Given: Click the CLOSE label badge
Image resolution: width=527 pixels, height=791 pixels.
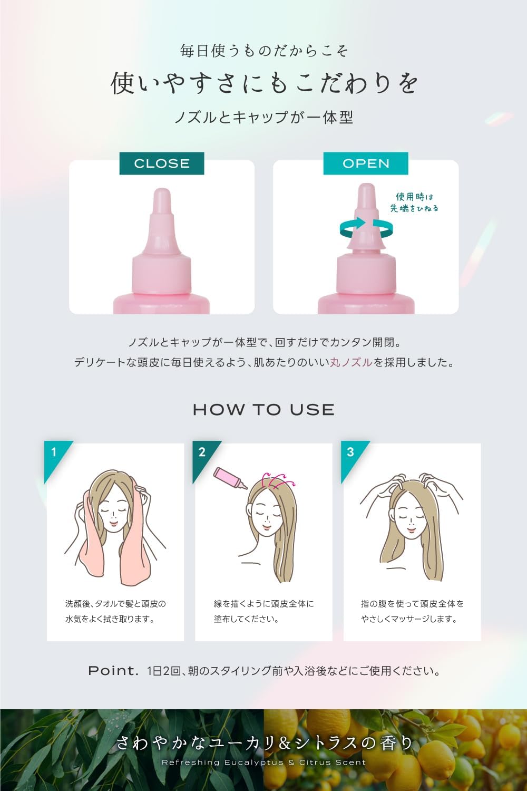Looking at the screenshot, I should coord(162,163).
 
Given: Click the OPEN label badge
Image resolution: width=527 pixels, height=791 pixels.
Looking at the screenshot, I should coord(366,163).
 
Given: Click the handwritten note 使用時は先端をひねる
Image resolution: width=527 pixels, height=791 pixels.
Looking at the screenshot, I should coord(414,202).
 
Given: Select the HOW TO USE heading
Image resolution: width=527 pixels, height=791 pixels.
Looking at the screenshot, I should coord(263,410).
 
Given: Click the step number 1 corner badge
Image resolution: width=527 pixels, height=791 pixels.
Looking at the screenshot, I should coord(54,452).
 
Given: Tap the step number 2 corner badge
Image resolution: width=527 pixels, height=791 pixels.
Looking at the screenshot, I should coord(202,452).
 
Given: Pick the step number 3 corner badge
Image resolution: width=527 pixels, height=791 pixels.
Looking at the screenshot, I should coord(351,452).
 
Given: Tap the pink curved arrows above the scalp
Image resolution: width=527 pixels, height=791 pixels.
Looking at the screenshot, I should coord(279,480).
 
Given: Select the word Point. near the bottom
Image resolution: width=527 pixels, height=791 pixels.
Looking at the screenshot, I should coord(113,671).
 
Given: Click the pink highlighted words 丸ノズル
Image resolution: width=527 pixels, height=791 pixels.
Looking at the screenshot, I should coord(351,362).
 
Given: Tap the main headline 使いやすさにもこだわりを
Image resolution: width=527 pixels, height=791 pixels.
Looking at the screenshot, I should coord(263,83).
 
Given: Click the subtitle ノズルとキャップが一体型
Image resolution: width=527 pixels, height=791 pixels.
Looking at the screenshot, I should coord(263,117).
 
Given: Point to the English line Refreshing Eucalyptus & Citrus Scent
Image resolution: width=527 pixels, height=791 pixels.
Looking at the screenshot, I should coord(263,763).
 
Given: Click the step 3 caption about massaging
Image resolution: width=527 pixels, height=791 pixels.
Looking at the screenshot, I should coord(412,611).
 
